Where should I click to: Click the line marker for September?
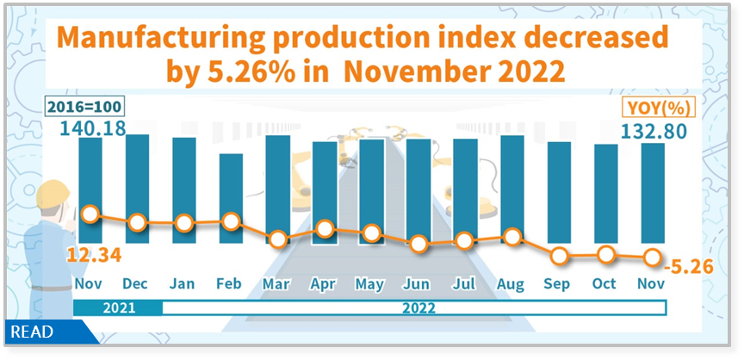pyautogui.click(x=560, y=256)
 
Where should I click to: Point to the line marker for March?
pyautogui.click(x=278, y=240)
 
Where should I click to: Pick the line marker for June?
pyautogui.click(x=418, y=244)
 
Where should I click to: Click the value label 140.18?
pyautogui.click(x=92, y=129)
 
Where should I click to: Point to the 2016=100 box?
pyautogui.click(x=84, y=108)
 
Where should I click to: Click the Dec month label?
pyautogui.click(x=137, y=284)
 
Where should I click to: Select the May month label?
pyautogui.click(x=371, y=284)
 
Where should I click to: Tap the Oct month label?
pyautogui.click(x=605, y=284)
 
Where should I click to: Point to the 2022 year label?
pyautogui.click(x=418, y=307)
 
